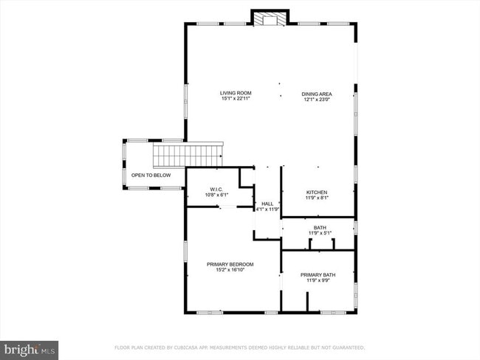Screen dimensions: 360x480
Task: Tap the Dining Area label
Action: pos(316,94)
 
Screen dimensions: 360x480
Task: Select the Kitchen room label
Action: pos(317,192)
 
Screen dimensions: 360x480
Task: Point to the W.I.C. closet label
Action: pos(216,190)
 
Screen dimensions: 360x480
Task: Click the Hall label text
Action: pos(267,204)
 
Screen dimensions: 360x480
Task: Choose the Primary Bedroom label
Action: pos(230,264)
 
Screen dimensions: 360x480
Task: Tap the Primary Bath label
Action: pos(317,275)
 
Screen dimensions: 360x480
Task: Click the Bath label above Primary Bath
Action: pos(319,228)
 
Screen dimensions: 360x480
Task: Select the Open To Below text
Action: pos(151,176)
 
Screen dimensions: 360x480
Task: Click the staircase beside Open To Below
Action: pos(188,156)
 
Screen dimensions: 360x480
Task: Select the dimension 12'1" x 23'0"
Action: pos(316,100)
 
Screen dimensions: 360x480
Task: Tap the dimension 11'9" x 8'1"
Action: pos(317,198)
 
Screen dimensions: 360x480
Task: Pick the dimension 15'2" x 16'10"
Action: pos(230,270)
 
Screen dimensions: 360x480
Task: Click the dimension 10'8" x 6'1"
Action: pos(216,195)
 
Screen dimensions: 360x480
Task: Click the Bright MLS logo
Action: pos(30,347)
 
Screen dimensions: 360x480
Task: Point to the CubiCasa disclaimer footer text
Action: pos(239,347)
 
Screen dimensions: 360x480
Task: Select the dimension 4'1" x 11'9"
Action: pos(267,210)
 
